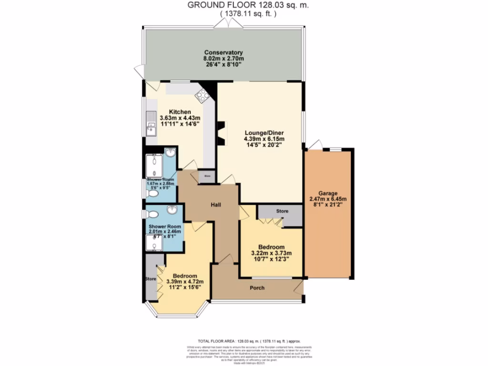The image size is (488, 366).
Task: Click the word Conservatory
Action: [224, 52]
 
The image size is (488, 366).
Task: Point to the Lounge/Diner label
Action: [258, 133]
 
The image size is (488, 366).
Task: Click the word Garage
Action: [328, 193]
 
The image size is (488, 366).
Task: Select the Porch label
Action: [257, 288]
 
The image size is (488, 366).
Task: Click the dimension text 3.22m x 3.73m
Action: [271, 253]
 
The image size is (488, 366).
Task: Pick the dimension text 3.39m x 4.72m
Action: [184, 282]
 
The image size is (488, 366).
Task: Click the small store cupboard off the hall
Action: [207, 176]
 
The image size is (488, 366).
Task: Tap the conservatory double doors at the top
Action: [227, 26]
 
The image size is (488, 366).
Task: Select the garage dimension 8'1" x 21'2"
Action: [328, 205]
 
